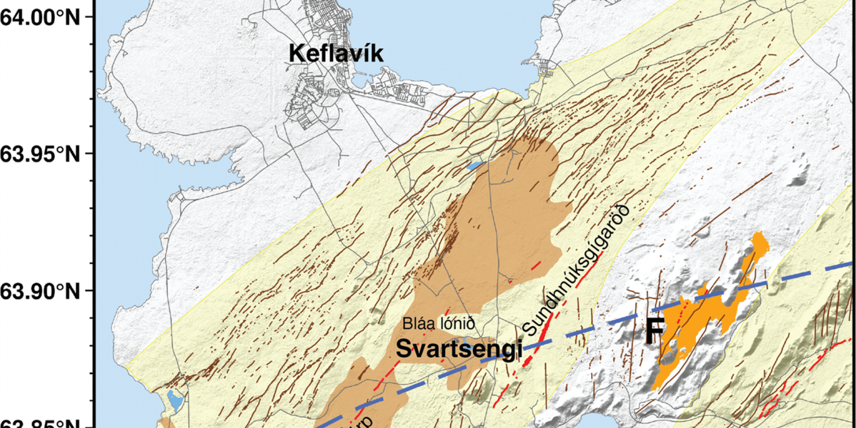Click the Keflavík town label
tap(336, 53)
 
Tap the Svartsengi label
tap(459, 349)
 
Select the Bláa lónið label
tap(438, 323)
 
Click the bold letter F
tap(655, 332)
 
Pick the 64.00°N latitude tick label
tap(40, 18)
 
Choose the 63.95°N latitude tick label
tap(40, 154)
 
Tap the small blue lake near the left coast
tap(175, 399)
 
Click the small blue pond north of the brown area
tap(474, 166)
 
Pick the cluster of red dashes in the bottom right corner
tap(771, 403)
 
